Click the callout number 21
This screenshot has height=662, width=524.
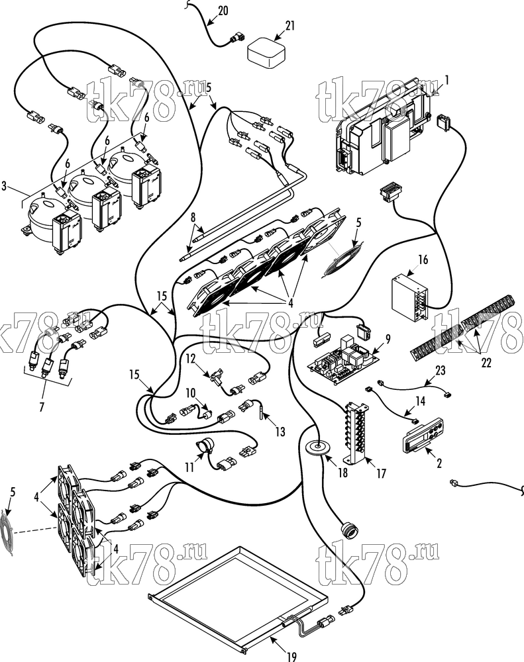(x=290, y=26)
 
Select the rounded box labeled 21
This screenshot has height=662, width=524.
(x=266, y=53)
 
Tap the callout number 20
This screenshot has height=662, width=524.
(x=223, y=10)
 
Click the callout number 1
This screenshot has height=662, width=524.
(x=446, y=79)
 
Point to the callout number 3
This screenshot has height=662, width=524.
(x=4, y=186)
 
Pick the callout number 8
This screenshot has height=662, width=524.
(x=193, y=218)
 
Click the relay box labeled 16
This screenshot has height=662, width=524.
(x=409, y=296)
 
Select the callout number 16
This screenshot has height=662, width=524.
(x=423, y=260)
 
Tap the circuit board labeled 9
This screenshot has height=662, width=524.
(x=342, y=360)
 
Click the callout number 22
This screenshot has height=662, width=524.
(x=486, y=362)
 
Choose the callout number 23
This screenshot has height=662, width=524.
(x=441, y=371)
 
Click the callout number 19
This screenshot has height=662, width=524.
(x=292, y=657)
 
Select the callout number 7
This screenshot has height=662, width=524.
(x=42, y=408)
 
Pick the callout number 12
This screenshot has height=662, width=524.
(x=191, y=359)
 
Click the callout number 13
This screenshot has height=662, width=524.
(x=280, y=431)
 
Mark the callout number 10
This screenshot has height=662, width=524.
(x=190, y=393)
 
